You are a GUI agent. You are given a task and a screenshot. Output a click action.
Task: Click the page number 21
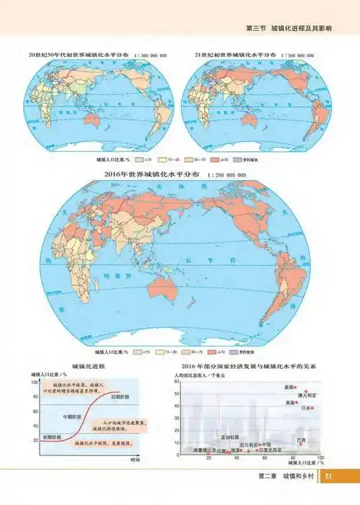click(x=328, y=477)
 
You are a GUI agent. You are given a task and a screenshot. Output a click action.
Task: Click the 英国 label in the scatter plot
click(x=289, y=403)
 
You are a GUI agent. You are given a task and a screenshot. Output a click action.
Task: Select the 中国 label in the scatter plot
click(x=266, y=444)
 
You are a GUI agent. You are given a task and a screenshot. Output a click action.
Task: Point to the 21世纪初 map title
click(x=235, y=54)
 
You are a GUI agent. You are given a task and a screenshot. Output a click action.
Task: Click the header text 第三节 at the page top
click(x=254, y=29)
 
